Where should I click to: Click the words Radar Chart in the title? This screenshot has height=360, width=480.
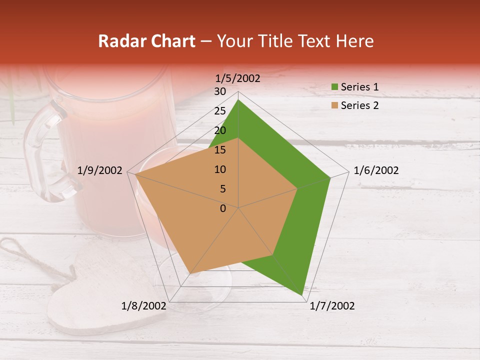pos(146,41)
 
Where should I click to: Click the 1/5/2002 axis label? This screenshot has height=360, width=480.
pos(237,78)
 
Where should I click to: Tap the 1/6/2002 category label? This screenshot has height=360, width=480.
pos(376,170)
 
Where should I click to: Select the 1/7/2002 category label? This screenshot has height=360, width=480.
pos(332,306)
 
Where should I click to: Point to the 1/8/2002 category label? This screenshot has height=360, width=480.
pos(144,306)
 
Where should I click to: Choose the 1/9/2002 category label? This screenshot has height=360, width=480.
pos(100,170)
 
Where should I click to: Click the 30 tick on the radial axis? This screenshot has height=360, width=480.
pos(220,91)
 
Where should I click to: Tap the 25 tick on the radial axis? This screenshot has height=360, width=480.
pos(220,111)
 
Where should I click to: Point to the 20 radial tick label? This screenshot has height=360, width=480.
pos(220,130)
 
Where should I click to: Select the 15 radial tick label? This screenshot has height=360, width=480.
pos(220,150)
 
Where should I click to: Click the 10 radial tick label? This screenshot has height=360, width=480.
pos(220,169)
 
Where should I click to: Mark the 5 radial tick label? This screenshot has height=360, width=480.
pos(222,189)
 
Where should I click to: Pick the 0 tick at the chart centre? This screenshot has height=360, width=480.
pos(223,208)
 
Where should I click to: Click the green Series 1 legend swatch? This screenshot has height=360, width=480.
pos(334,87)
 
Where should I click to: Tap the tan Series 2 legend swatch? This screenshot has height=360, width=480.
pos(334,105)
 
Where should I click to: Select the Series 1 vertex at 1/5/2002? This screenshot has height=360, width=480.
pos(238,99)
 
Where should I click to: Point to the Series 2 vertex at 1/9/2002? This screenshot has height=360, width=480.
pos(134,174)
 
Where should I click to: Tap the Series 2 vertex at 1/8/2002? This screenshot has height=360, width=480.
pos(190,273)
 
